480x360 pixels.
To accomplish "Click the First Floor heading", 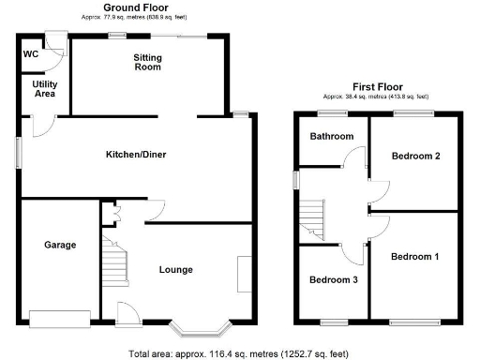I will point(376,85).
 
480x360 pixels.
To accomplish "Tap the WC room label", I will point(30,53).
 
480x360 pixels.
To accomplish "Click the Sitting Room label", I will point(147,63).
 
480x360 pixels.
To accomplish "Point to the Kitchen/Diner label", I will point(135,155).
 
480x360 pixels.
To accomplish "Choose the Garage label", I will point(58,246).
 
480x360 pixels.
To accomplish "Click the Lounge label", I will point(175,270).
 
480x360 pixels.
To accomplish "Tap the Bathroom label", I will point(333,137).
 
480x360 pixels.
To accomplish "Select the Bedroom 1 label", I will point(413,256).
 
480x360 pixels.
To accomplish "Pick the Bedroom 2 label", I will point(416,157).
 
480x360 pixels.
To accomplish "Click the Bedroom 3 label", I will point(332,279).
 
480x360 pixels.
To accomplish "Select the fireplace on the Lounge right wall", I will point(245,274).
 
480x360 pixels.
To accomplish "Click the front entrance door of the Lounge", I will point(127,314).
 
